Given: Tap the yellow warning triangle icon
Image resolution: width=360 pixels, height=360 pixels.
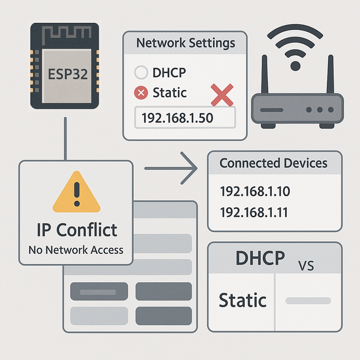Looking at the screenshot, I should pos(75,193).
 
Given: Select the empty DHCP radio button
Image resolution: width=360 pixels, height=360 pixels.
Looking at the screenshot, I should pos(141,73).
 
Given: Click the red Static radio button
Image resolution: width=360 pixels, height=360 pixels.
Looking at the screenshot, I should pos(141,93).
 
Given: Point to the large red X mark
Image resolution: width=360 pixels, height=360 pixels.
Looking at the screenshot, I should pos(223,94).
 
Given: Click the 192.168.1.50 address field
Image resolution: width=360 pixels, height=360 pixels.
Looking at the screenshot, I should pos(184,118).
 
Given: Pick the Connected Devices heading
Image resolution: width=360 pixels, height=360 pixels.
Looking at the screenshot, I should pos(274,163).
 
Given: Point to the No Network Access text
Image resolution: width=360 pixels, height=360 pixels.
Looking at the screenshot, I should pos(75,250).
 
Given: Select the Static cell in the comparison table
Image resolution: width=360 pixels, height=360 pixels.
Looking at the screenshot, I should pos(242,299).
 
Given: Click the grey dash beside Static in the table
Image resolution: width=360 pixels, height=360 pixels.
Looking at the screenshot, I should pos(307,300).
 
